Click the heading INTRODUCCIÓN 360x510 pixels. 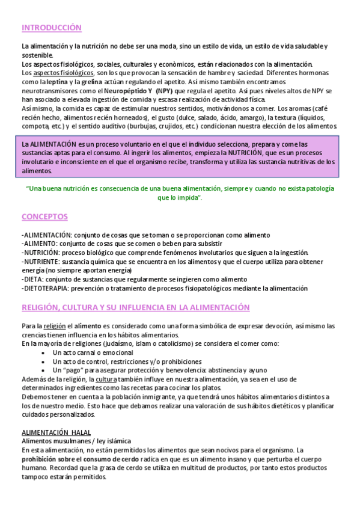51,28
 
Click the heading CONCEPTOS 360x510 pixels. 44,217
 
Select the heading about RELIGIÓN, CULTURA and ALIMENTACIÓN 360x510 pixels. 135,307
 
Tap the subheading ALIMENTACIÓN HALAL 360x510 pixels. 56,432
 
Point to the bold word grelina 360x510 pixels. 87,81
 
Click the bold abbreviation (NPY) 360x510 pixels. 163,90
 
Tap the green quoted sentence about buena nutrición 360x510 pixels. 180,192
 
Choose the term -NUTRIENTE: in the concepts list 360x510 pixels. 40,262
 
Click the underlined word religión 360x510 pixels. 55,326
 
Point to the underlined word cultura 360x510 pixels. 106,379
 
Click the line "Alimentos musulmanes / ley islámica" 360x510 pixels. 76,441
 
